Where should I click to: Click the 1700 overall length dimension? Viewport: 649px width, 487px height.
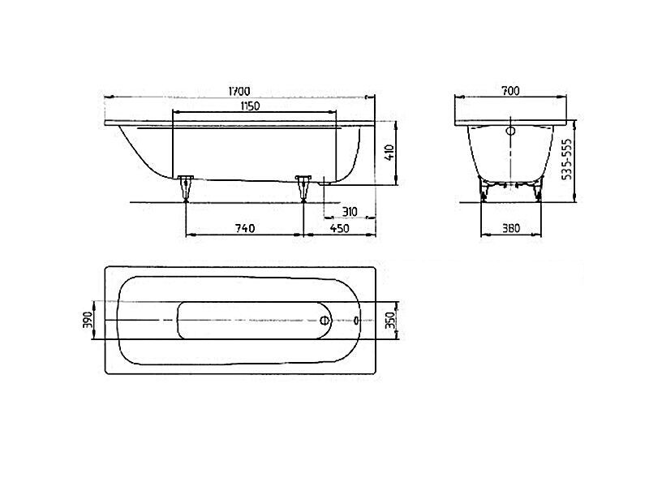[x=239, y=91]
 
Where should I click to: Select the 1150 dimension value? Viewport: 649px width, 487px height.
[x=251, y=106]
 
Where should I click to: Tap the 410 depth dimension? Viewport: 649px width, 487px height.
[x=389, y=153]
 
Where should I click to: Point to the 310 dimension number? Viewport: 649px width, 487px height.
[x=350, y=212]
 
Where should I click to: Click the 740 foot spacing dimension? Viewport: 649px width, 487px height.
[x=245, y=228]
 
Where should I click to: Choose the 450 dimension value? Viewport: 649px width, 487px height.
[x=339, y=228]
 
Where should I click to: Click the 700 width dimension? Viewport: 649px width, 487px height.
[x=510, y=91]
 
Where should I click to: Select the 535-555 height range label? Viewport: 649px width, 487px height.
[x=568, y=158]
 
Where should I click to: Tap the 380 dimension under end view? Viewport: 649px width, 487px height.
[x=511, y=228]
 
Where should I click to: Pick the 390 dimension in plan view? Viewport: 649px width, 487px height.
[x=88, y=320]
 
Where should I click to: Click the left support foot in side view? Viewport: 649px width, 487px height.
[x=186, y=188]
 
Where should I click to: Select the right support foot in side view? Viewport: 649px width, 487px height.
[x=303, y=188]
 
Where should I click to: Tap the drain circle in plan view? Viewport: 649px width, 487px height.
[x=326, y=320]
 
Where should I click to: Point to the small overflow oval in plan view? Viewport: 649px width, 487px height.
[x=357, y=320]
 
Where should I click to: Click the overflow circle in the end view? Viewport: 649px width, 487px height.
[x=511, y=131]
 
